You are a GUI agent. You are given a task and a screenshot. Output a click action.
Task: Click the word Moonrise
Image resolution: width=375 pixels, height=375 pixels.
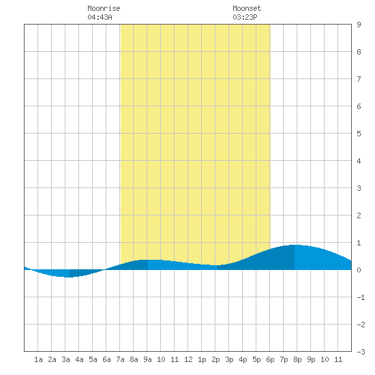(104, 8)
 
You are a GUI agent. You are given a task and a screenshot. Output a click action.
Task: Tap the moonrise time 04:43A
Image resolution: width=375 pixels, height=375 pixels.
(100, 17)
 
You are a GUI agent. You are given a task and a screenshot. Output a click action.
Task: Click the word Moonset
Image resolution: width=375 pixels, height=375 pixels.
(247, 8)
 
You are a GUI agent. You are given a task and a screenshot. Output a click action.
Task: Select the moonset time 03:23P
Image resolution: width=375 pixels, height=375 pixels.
(245, 17)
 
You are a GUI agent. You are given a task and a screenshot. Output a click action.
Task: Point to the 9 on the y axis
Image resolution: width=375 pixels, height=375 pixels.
(359, 25)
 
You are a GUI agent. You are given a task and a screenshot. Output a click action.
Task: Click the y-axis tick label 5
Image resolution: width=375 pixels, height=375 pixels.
(359, 134)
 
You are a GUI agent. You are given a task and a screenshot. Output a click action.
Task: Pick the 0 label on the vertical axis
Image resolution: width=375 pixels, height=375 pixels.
(359, 270)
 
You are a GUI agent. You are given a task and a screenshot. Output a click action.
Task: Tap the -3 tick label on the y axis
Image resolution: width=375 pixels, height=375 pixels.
(361, 352)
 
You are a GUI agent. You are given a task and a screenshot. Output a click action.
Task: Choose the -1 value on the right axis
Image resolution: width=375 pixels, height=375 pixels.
(361, 297)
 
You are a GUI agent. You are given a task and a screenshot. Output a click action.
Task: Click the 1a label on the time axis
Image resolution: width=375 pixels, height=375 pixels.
(38, 359)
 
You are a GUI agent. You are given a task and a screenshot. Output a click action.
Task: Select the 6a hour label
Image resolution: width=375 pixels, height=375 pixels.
(106, 359)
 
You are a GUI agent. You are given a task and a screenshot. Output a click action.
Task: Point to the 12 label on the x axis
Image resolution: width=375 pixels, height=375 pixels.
(188, 359)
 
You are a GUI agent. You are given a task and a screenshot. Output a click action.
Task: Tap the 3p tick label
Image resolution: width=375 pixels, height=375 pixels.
(229, 359)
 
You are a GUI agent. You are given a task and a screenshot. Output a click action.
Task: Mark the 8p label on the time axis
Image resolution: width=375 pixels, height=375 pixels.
(297, 359)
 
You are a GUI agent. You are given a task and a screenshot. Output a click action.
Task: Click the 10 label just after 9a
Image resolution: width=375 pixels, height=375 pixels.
(161, 359)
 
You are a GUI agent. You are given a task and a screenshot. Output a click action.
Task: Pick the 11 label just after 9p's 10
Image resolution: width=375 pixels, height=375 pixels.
(338, 359)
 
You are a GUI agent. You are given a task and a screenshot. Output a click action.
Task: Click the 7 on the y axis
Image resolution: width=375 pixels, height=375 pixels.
(359, 79)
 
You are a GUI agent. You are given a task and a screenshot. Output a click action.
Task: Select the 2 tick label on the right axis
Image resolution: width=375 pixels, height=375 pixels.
(359, 215)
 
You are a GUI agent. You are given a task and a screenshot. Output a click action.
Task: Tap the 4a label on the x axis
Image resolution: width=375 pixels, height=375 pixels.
(79, 359)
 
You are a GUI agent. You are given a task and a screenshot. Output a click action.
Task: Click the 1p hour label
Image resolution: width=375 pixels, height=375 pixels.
(202, 359)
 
